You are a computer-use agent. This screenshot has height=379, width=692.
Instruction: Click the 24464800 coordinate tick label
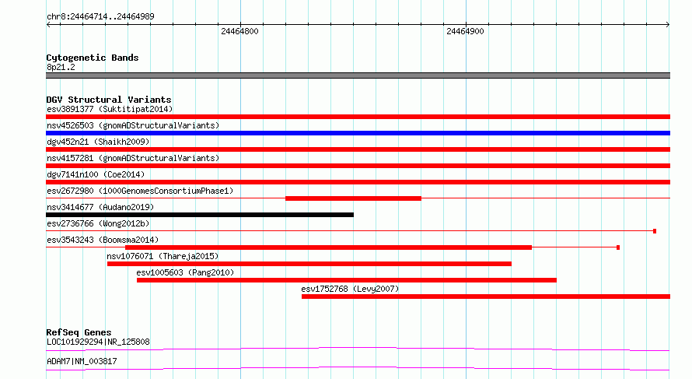tap(239, 31)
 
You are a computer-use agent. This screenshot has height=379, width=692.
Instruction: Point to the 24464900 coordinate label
tap(465, 31)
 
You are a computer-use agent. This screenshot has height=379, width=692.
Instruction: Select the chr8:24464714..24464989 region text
tap(100, 17)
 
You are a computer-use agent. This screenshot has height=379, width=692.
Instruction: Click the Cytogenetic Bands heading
tap(93, 58)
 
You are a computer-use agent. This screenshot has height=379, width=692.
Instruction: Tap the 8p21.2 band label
tap(61, 67)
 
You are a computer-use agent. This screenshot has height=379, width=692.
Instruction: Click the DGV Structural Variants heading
tap(109, 100)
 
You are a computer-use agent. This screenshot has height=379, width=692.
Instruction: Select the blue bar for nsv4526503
tap(358, 133)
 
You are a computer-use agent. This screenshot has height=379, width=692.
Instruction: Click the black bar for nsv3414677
tap(200, 215)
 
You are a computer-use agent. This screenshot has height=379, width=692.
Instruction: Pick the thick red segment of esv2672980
tap(353, 198)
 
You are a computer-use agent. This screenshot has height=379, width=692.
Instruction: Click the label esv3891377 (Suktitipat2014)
tap(110, 109)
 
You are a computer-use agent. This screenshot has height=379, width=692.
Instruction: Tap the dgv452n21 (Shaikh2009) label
tap(98, 142)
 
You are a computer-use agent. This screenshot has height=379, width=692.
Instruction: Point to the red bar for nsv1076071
tap(309, 264)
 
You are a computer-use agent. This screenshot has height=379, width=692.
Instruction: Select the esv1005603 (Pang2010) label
tap(185, 272)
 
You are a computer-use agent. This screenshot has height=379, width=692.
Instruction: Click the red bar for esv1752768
tap(486, 297)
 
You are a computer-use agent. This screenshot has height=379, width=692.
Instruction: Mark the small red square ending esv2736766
tap(655, 231)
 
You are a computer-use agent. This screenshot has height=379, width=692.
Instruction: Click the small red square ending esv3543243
tap(618, 247)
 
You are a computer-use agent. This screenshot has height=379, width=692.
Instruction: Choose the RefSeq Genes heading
tap(79, 332)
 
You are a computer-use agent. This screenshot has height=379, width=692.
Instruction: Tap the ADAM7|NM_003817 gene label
tap(82, 361)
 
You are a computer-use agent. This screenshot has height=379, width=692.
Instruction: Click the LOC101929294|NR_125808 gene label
tap(98, 342)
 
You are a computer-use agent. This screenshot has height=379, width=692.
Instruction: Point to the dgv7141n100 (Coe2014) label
tap(96, 174)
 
